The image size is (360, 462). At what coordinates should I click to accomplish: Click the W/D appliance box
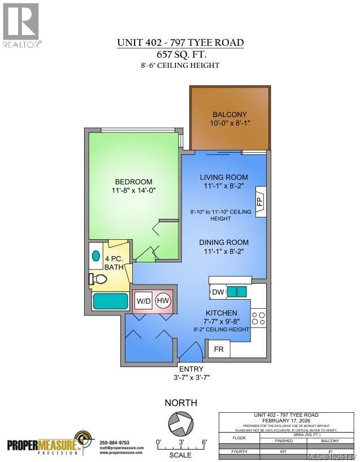pyautogui.click(x=143, y=301)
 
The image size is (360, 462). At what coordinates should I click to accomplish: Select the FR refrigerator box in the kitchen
pyautogui.click(x=219, y=349)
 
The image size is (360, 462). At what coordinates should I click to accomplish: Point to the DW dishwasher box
pyautogui.click(x=218, y=292)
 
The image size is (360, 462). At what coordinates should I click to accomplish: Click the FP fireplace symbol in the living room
pyautogui.click(x=261, y=201)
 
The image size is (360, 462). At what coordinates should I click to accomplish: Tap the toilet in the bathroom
pyautogui.click(x=99, y=279)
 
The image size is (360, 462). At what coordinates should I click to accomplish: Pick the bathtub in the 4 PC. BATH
pyautogui.click(x=111, y=301)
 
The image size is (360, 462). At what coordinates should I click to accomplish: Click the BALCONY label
pyautogui.click(x=229, y=114)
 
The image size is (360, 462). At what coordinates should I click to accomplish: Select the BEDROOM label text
pyautogui.click(x=134, y=182)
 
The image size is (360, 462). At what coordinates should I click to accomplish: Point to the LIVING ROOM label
pyautogui.click(x=224, y=177)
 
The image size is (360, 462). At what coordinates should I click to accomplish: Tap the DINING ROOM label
pyautogui.click(x=224, y=243)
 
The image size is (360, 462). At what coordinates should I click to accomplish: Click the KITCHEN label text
pyautogui.click(x=221, y=313)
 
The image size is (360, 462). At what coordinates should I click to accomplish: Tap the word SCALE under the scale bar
pyautogui.click(x=180, y=455)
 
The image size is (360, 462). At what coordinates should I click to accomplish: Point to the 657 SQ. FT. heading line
pyautogui.click(x=180, y=54)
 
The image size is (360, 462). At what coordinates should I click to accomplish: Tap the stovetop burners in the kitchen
pyautogui.click(x=258, y=317)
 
